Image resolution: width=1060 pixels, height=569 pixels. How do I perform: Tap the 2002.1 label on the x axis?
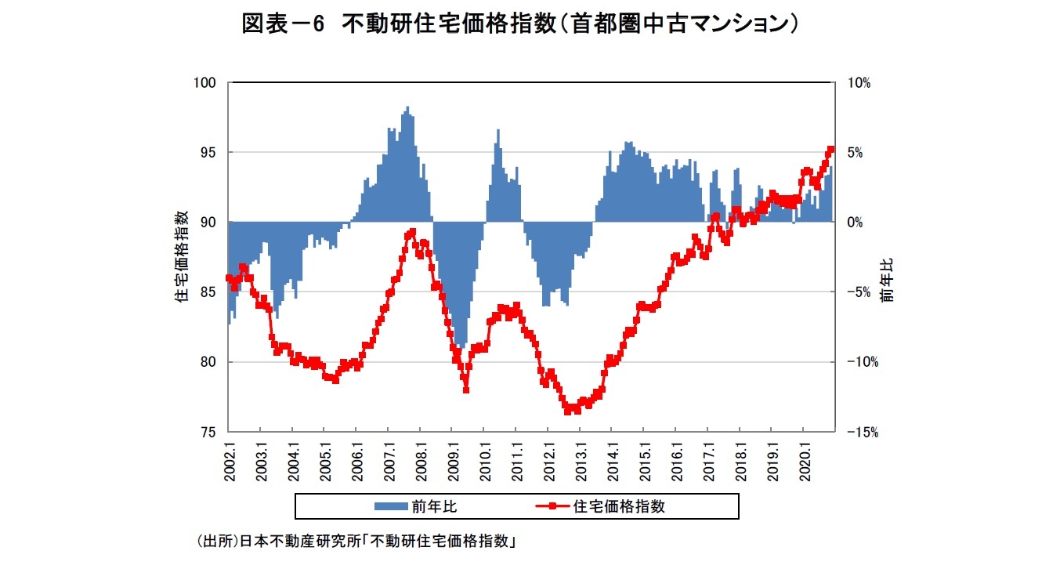point(229,462)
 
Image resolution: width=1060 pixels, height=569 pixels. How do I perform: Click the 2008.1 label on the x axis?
point(421,462)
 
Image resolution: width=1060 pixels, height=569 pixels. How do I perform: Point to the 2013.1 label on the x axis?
point(581,462)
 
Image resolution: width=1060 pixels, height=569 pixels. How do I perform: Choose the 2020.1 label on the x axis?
point(804,462)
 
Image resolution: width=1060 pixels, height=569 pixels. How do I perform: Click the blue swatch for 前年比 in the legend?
point(391,506)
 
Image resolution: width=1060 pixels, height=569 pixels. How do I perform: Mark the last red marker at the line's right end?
point(831,149)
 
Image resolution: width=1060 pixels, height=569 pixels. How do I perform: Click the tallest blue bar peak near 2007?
point(407,108)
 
